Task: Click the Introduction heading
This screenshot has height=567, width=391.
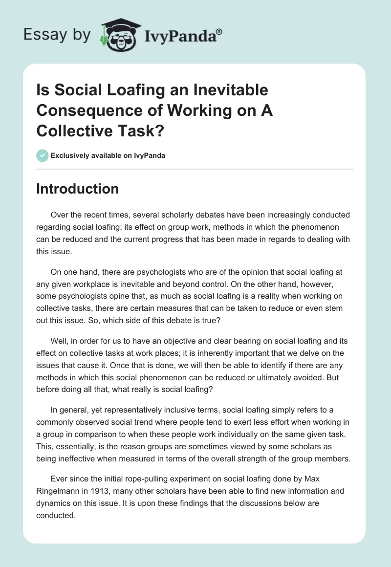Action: pyautogui.click(x=77, y=189)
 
